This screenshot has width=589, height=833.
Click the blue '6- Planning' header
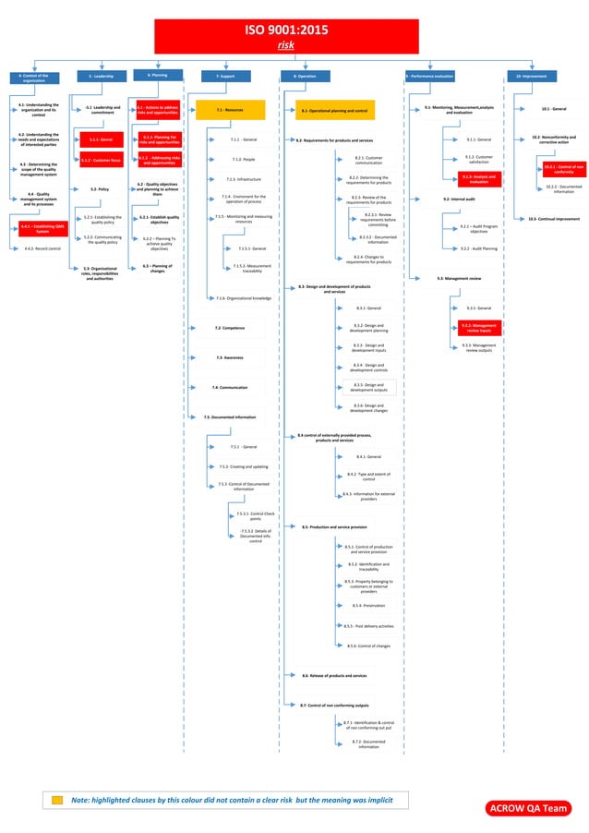point(157,75)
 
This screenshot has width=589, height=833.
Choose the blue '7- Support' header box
point(224,76)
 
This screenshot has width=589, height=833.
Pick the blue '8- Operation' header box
point(305,76)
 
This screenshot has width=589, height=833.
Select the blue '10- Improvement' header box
point(531,76)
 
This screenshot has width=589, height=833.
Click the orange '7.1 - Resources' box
point(230,110)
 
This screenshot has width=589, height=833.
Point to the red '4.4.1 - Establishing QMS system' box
point(35,229)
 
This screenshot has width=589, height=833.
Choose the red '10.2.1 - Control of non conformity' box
point(558,169)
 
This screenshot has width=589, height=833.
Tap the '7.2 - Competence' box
point(229,328)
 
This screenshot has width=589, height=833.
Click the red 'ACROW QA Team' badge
point(529,808)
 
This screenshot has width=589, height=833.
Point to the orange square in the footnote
point(57,800)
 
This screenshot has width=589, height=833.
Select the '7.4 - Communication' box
point(229,387)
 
